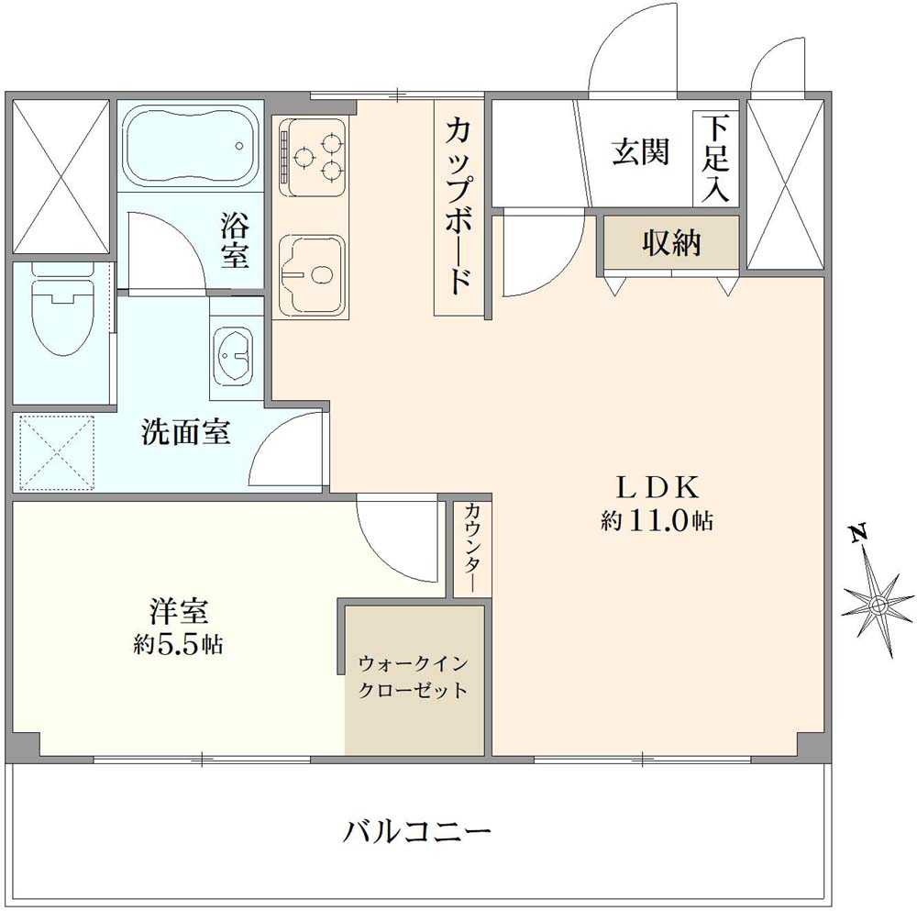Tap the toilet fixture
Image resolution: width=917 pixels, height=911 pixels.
point(62,308)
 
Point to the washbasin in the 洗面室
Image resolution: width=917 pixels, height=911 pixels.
point(236,354)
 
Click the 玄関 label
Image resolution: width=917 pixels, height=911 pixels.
point(640,151)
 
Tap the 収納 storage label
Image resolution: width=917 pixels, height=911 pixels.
point(671,243)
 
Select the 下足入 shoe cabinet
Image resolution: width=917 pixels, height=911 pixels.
point(715,158)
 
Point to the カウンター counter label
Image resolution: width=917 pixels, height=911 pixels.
point(473,548)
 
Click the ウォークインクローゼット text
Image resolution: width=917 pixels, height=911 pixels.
point(414,677)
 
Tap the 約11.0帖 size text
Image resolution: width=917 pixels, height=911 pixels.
point(657,521)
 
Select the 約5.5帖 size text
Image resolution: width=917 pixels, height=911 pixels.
point(178,644)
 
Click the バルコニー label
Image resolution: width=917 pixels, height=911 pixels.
point(418,833)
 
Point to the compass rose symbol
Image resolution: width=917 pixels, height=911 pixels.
point(878,605)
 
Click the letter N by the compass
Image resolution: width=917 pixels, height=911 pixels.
point(857,533)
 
